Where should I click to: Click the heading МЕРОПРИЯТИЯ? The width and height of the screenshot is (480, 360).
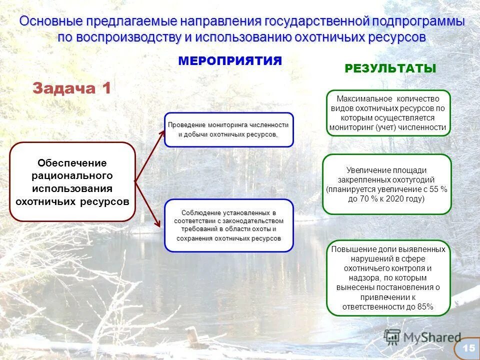(230, 61)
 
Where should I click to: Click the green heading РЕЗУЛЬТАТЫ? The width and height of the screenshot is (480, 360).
(390, 69)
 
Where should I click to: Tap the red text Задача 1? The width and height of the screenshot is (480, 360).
(71, 88)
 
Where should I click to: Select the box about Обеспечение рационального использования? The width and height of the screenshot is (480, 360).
(72, 182)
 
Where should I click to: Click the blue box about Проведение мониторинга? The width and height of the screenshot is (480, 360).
(228, 129)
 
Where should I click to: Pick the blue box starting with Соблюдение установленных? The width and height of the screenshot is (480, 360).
(228, 225)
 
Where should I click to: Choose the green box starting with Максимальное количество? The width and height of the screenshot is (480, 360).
(388, 113)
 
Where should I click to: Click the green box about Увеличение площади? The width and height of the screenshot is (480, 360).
(386, 184)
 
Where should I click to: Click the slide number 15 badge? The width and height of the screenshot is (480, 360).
(468, 348)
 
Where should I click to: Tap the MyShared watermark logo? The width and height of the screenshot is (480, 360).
(422, 337)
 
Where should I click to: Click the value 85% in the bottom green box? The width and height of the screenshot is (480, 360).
(425, 306)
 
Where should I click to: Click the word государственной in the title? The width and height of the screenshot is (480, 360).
(316, 22)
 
